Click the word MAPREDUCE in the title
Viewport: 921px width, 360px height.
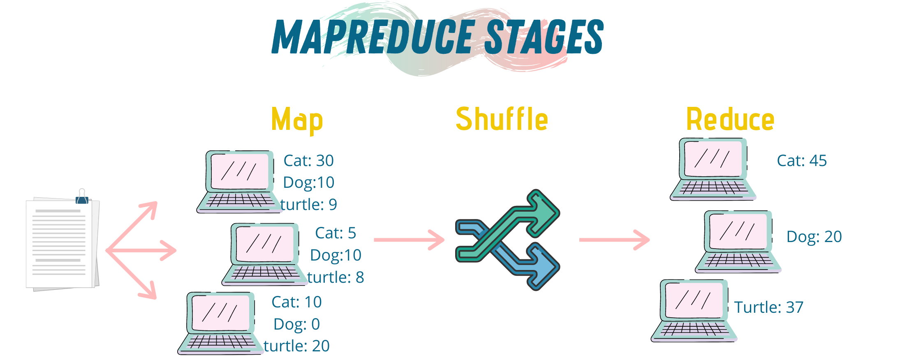click(x=373, y=37)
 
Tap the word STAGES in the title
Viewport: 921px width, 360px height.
click(x=544, y=37)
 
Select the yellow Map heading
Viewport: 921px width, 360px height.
click(x=297, y=120)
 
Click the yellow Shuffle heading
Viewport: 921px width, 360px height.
click(x=502, y=119)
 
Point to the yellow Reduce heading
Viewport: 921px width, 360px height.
click(x=730, y=119)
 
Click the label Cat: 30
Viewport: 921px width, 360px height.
click(x=308, y=160)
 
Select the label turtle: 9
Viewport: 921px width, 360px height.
click(x=308, y=204)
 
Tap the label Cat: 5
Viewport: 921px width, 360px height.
click(x=336, y=233)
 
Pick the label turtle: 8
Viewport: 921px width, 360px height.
click(x=336, y=277)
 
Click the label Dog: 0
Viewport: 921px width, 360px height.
click(x=296, y=324)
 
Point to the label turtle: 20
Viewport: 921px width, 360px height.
click(x=296, y=346)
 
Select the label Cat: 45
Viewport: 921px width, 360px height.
click(x=802, y=160)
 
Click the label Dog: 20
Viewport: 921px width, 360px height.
click(x=814, y=236)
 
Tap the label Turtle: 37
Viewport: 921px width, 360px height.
click(x=769, y=307)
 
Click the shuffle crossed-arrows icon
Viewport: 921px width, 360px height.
click(x=508, y=240)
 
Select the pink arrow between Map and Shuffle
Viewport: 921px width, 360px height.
click(x=409, y=240)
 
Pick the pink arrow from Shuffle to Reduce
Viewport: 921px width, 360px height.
click(x=614, y=240)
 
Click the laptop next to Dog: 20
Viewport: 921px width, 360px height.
click(x=738, y=242)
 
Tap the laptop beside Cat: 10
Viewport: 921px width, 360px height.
click(x=220, y=323)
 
